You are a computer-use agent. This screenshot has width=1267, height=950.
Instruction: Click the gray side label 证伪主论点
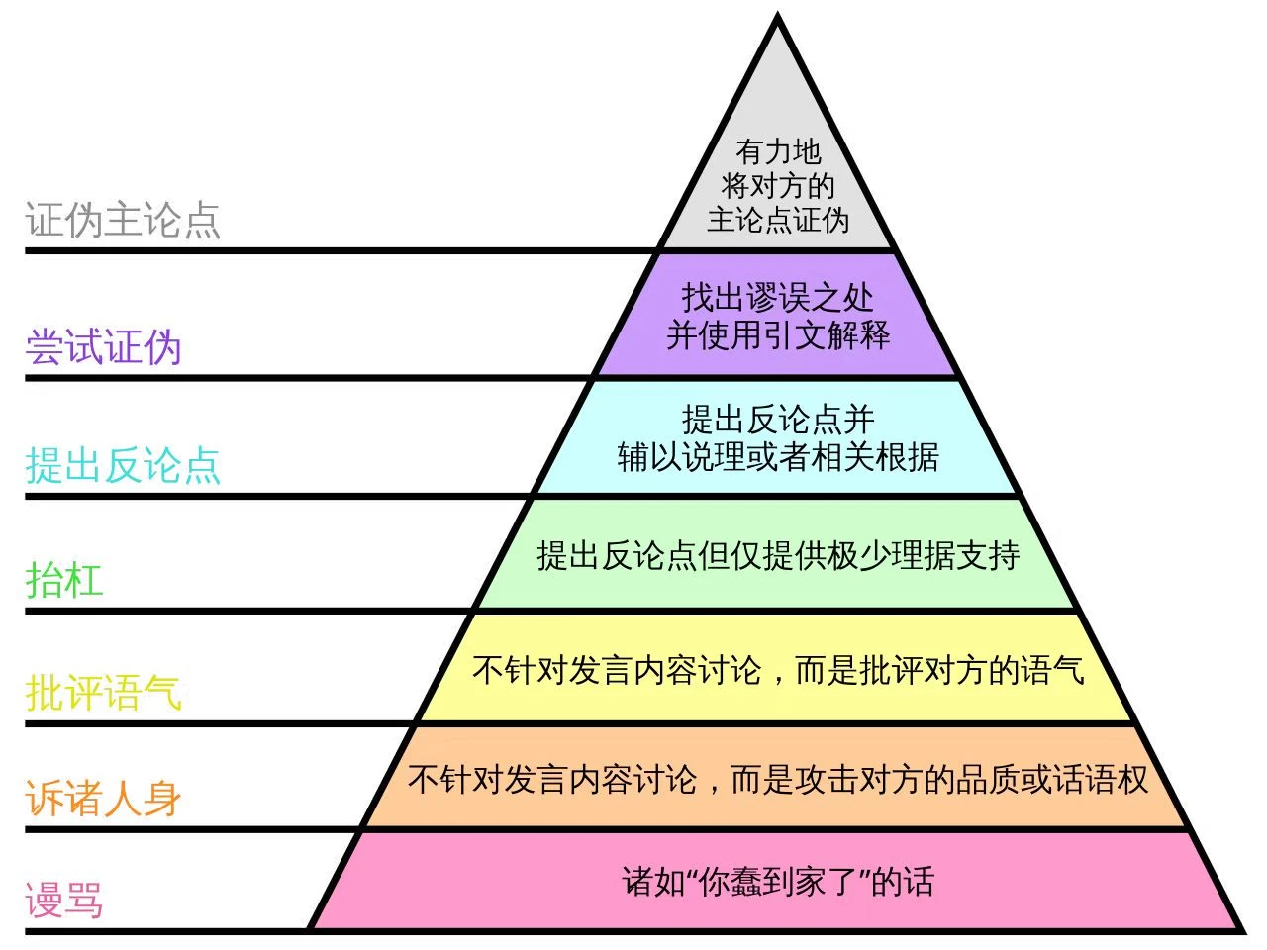123,220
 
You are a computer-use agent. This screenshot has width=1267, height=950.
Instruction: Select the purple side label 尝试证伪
103,347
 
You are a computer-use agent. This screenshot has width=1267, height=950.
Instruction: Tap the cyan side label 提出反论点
123,464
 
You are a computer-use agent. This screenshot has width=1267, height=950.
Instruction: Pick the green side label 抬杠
64,579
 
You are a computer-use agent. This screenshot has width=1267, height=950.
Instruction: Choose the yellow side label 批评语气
103,692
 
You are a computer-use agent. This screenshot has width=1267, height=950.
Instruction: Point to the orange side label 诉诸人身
103,798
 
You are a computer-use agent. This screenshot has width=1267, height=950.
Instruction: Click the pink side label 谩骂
64,901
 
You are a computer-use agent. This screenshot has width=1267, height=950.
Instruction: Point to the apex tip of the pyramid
778,18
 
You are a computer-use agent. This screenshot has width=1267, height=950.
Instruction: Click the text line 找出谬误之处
778,297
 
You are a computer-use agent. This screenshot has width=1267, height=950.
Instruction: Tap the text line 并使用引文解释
778,334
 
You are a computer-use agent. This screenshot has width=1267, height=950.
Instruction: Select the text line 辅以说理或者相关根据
778,456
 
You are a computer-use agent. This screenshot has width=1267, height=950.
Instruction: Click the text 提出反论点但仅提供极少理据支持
778,555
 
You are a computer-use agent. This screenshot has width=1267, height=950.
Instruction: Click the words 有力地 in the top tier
778,151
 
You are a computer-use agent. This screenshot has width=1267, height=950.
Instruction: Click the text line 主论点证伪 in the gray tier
778,220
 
